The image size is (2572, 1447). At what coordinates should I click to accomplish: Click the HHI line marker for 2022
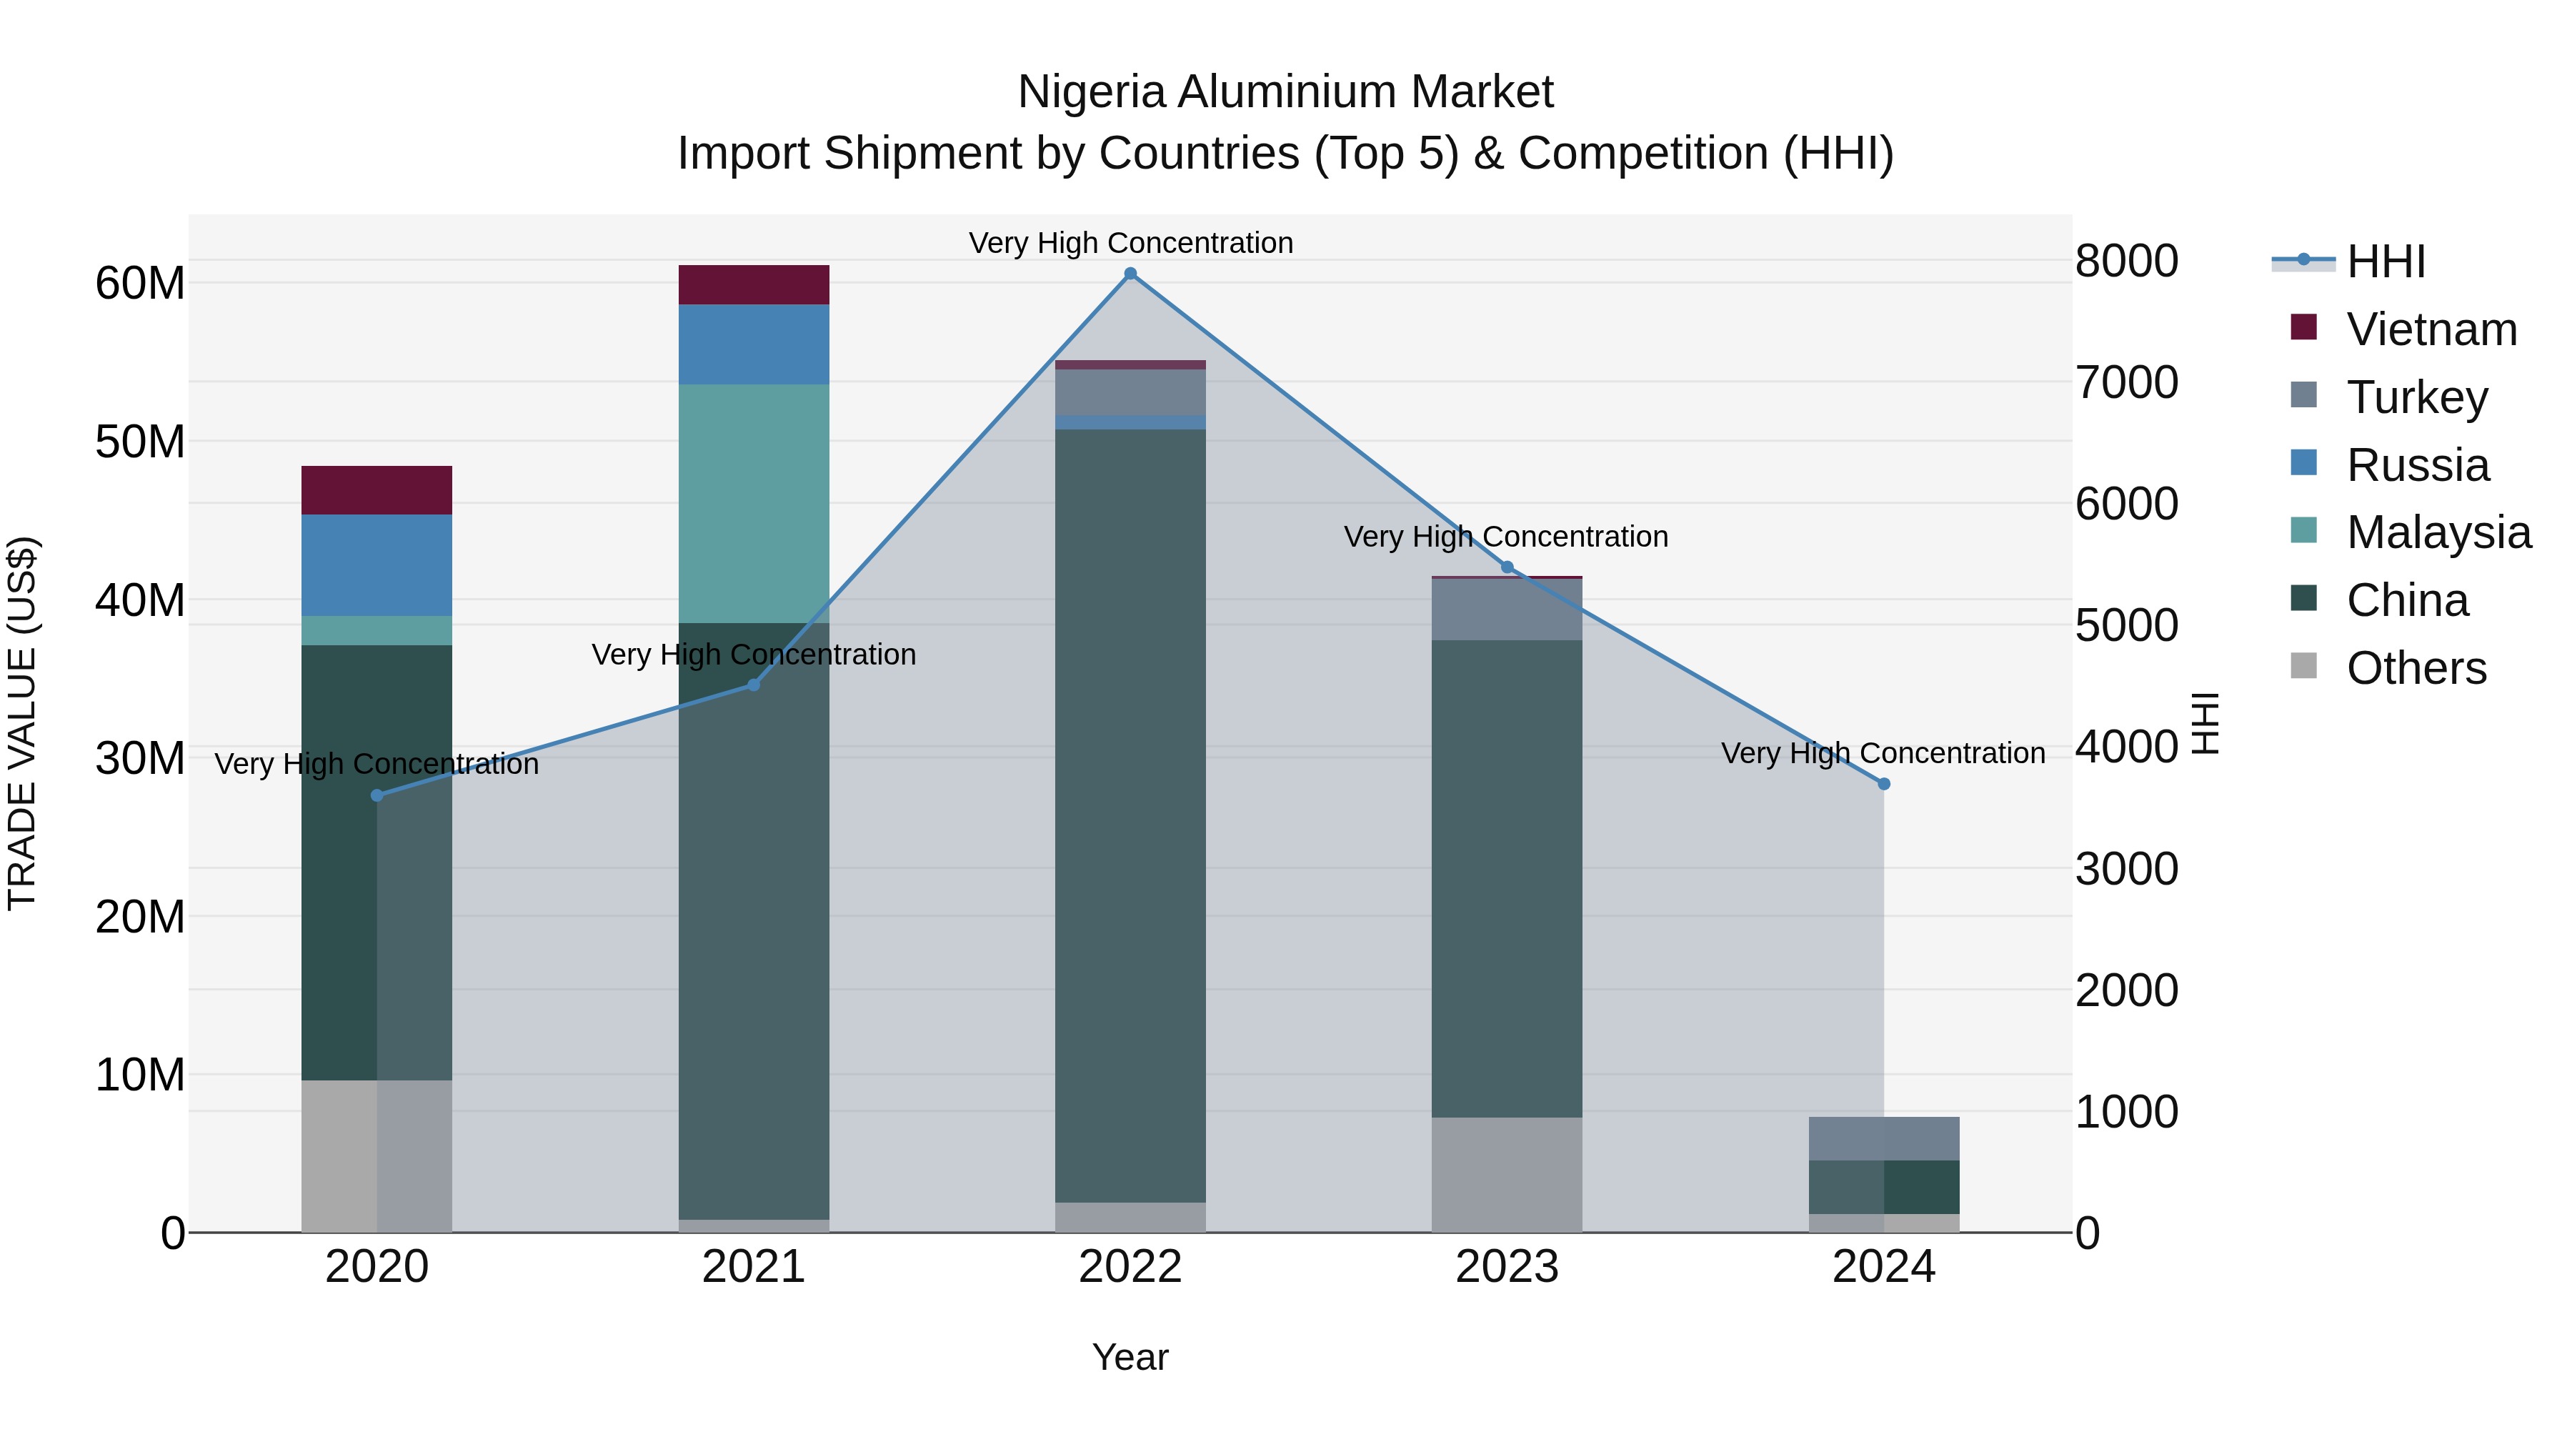click(1130, 274)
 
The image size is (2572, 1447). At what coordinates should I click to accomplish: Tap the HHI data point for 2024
click(1884, 784)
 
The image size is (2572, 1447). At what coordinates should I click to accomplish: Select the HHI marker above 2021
click(754, 685)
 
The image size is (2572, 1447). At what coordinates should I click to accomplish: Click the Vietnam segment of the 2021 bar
click(754, 284)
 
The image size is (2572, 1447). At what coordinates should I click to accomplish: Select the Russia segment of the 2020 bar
click(377, 565)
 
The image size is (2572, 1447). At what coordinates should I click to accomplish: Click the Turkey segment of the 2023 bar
click(1507, 609)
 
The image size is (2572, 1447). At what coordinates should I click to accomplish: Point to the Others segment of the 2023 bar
click(1507, 1174)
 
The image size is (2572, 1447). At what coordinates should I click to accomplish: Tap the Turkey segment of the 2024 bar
click(1884, 1138)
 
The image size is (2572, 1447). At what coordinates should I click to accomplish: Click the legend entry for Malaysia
click(2438, 532)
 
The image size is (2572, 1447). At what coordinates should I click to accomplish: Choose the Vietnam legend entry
click(2431, 329)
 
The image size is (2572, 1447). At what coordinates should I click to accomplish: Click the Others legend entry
click(2416, 668)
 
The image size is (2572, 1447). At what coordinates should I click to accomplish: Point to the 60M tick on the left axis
click(140, 284)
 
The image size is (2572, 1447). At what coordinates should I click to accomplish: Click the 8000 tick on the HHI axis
click(2127, 261)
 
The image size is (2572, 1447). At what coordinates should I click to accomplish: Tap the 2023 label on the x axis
click(1507, 1266)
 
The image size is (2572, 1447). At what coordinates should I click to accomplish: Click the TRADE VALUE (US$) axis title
click(22, 723)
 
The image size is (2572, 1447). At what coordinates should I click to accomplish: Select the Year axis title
click(1130, 1357)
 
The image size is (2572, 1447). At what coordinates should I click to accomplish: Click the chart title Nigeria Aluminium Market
click(1285, 92)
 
